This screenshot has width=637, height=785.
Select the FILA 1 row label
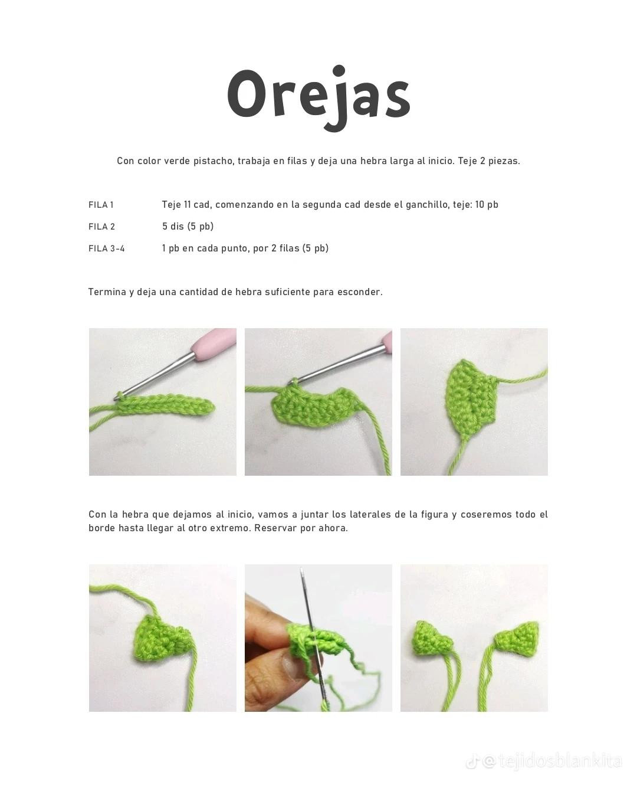pyautogui.click(x=101, y=205)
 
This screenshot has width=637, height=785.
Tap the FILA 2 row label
pyautogui.click(x=101, y=227)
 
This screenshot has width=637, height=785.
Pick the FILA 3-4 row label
pyautogui.click(x=106, y=248)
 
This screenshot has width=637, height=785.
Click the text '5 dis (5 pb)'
pyautogui.click(x=188, y=227)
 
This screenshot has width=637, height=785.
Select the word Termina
pyautogui.click(x=107, y=292)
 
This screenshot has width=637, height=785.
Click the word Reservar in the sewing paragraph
pyautogui.click(x=275, y=528)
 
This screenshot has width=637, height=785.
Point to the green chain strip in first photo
pyautogui.click(x=165, y=405)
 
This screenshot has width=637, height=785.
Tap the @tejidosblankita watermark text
pyautogui.click(x=551, y=761)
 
